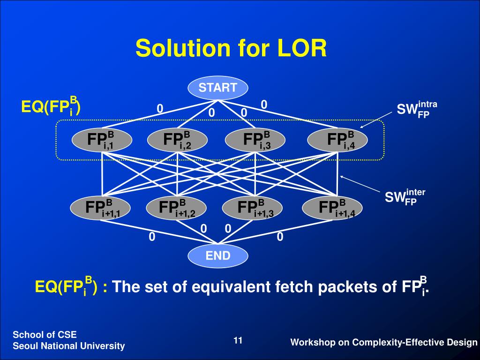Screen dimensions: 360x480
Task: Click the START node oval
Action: point(218,88)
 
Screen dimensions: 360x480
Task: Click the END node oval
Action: point(218,255)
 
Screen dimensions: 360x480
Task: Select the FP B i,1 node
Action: point(102,140)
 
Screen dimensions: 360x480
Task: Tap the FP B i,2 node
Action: point(177,140)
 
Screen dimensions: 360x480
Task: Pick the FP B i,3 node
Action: point(255,140)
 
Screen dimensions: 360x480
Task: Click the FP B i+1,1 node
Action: point(101,208)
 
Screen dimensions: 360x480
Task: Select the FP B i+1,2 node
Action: point(176,208)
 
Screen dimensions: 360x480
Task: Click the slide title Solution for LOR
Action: point(231,48)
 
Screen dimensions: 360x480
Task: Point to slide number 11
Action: point(238,341)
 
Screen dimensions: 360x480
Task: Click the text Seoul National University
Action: point(69,346)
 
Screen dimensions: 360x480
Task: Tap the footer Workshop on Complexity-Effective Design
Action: point(384,343)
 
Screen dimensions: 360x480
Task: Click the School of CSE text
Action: point(45,334)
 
